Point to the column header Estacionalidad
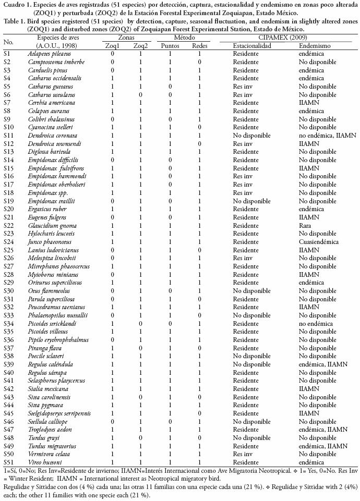point(252,46)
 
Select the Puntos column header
point(170,46)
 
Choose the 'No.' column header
point(8,42)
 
